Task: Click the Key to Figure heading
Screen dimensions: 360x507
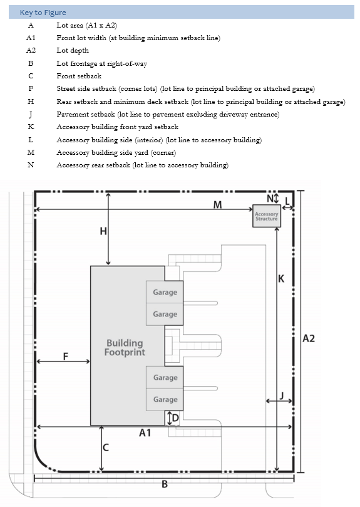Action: pyautogui.click(x=43, y=13)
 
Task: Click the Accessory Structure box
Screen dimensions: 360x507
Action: pyautogui.click(x=267, y=216)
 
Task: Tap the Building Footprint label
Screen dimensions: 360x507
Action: pyautogui.click(x=125, y=348)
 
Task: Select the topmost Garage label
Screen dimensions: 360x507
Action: pyautogui.click(x=165, y=292)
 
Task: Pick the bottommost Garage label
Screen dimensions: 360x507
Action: pyautogui.click(x=165, y=400)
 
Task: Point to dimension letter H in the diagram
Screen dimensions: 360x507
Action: pyautogui.click(x=103, y=231)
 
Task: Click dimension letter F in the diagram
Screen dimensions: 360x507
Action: pyautogui.click(x=66, y=357)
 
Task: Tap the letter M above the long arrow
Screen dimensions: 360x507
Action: pyautogui.click(x=217, y=205)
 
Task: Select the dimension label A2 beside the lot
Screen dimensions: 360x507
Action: pyautogui.click(x=309, y=338)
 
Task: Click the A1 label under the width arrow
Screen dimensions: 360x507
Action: pyautogui.click(x=145, y=432)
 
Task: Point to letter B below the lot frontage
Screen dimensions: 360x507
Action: pyautogui.click(x=165, y=484)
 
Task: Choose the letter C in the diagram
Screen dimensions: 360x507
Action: pyautogui.click(x=106, y=447)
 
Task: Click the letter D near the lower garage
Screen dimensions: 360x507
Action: pyautogui.click(x=175, y=418)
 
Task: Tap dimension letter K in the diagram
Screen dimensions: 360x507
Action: pyautogui.click(x=281, y=279)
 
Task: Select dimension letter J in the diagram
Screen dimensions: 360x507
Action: pyautogui.click(x=282, y=395)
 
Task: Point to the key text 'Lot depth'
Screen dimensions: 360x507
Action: pyautogui.click(x=73, y=50)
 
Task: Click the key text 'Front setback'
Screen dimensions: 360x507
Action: pyautogui.click(x=79, y=76)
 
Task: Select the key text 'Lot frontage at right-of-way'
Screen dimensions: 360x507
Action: pyautogui.click(x=102, y=63)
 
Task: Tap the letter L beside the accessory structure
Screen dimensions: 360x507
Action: pyautogui.click(x=287, y=201)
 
